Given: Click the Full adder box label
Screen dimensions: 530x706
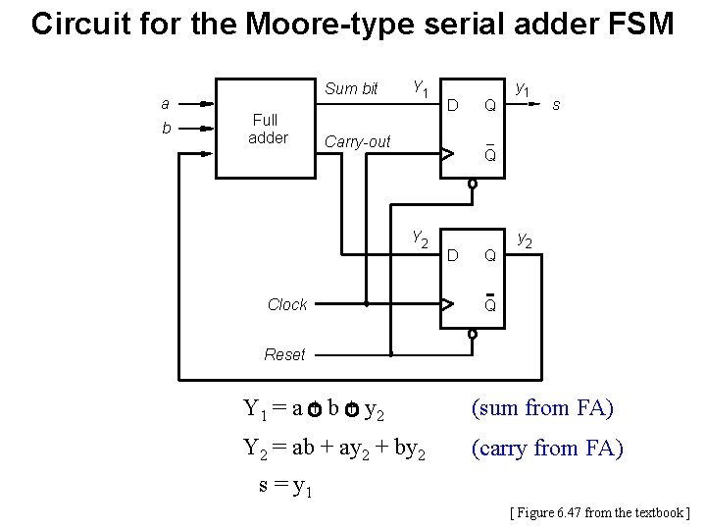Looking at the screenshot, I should pyautogui.click(x=268, y=129).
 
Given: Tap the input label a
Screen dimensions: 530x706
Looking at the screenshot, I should pyautogui.click(x=166, y=103).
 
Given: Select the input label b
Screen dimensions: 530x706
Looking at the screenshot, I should pyautogui.click(x=166, y=128).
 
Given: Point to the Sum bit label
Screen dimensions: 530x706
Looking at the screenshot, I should pyautogui.click(x=351, y=88).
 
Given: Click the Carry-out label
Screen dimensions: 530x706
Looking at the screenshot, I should pyautogui.click(x=357, y=142).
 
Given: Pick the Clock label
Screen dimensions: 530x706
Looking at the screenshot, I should pyautogui.click(x=287, y=305).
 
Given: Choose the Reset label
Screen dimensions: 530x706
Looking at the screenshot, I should pyautogui.click(x=284, y=354).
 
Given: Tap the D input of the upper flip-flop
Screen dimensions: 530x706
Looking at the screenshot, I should pyautogui.click(x=453, y=104).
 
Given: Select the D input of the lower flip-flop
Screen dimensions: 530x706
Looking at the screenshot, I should pyautogui.click(x=453, y=256).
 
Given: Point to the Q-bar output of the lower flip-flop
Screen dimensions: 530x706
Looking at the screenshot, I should pyautogui.click(x=490, y=304).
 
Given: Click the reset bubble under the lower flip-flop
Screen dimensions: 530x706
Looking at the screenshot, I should pyautogui.click(x=472, y=334).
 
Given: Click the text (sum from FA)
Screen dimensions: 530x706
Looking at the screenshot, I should pyautogui.click(x=542, y=406).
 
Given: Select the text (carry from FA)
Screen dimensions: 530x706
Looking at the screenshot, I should pyautogui.click(x=547, y=449).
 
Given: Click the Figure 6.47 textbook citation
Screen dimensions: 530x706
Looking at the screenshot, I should pyautogui.click(x=600, y=512).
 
